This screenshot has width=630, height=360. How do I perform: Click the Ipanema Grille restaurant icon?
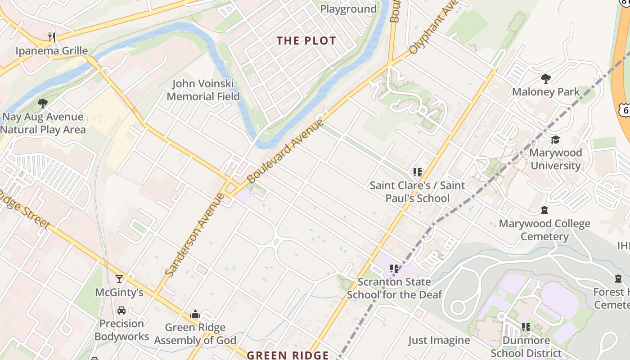point(52,37)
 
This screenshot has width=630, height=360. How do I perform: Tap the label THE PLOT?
point(306,40)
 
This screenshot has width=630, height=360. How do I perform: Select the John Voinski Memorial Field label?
point(203,90)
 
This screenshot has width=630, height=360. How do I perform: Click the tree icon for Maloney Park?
point(546,79)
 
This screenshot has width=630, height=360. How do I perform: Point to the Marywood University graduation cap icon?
point(555,140)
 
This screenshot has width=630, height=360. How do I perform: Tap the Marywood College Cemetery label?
point(544,230)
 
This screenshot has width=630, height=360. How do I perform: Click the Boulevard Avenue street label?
point(285,151)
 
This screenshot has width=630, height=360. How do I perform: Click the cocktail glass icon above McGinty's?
point(119,279)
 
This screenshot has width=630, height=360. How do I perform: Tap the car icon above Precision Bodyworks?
point(121,310)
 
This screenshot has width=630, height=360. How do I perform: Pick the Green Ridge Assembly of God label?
point(195,334)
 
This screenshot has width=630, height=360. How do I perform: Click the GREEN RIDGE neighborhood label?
point(288,355)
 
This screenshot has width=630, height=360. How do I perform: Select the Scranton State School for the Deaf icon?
point(394,269)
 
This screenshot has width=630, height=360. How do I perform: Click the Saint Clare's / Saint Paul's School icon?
point(417,172)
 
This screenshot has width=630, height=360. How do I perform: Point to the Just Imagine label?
point(439,340)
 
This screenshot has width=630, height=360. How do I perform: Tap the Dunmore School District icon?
point(526,327)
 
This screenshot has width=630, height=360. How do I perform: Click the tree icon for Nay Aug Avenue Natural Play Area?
point(43,104)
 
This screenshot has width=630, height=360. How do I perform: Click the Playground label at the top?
point(348,9)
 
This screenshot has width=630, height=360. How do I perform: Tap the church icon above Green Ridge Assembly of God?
point(195,314)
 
